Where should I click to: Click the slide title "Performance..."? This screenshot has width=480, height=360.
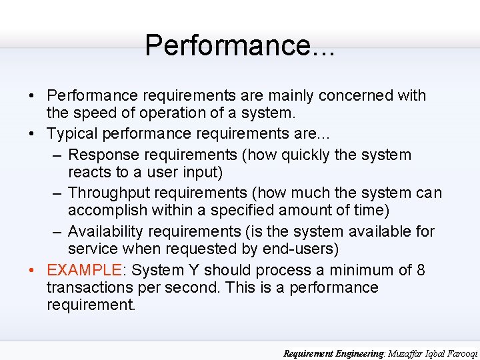click(240, 45)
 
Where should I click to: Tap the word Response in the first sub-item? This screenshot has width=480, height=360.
click(100, 155)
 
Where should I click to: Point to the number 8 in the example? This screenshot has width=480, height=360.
click(421, 270)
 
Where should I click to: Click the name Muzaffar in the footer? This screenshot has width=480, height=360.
click(387, 353)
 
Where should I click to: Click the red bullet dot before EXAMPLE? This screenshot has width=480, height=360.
click(32, 271)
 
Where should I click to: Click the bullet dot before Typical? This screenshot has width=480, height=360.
click(32, 134)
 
